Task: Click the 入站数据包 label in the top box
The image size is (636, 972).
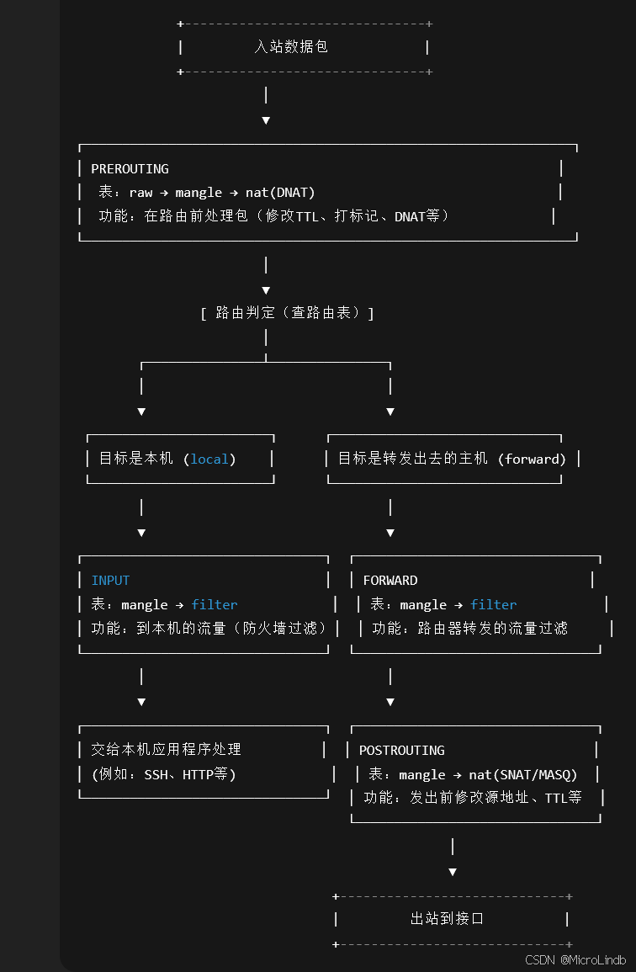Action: coord(291,47)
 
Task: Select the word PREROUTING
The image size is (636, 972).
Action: coord(130,169)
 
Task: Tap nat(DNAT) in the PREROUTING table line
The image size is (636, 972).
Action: coord(280,193)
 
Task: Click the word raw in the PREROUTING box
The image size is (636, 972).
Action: coord(140,193)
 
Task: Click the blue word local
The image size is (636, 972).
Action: coord(209,459)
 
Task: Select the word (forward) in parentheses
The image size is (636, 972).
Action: coord(532,459)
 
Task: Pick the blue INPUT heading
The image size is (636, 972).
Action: coord(110,581)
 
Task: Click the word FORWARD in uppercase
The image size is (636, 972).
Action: coord(390,581)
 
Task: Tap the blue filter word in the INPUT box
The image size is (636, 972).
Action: coord(215,605)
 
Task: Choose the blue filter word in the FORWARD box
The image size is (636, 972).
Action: coord(494,605)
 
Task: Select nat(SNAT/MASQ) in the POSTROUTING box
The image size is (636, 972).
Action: coord(534,775)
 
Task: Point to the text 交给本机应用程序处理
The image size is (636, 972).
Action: coord(166,750)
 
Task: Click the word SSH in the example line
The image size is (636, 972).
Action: coord(156,775)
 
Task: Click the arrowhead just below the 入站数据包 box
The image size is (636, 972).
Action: coord(266,120)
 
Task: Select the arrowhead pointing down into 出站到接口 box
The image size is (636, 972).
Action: coord(453,872)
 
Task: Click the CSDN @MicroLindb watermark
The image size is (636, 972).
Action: coord(575,960)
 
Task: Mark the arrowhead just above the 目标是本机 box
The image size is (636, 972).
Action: coord(141,412)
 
